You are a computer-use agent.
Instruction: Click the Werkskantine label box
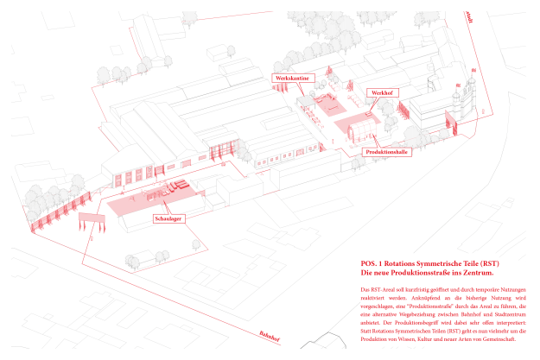pos(292,78)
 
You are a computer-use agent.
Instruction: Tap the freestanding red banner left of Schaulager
pos(82,226)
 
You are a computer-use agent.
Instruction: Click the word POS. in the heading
pos(368,262)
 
